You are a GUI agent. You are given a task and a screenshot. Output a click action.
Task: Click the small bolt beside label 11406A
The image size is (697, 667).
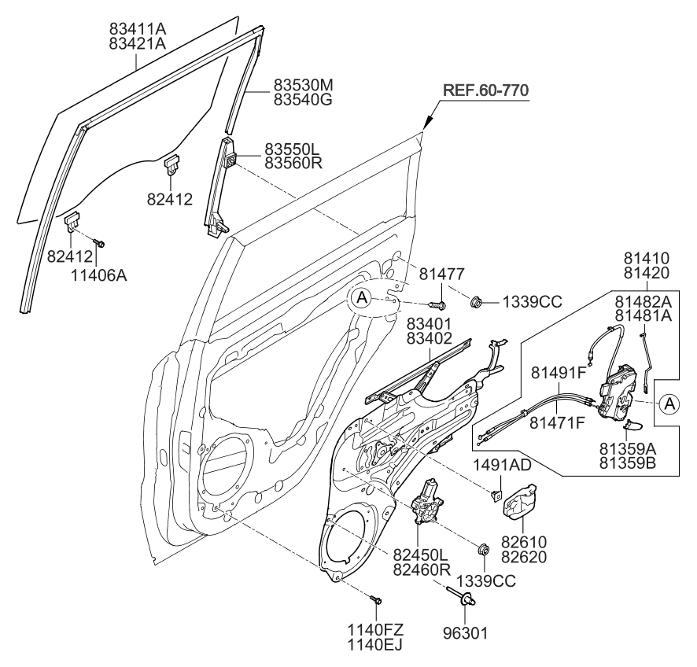[x=98, y=244]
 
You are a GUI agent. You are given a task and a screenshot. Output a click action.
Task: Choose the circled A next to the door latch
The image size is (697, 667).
[x=668, y=403]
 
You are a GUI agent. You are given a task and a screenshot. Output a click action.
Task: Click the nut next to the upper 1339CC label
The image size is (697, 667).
[x=477, y=302]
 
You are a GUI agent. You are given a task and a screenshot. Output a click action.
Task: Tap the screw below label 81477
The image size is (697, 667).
[x=438, y=302]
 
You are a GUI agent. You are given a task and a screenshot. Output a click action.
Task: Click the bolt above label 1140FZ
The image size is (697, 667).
[x=375, y=600]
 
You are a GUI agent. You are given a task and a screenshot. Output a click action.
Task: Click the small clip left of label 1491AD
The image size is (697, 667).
[x=495, y=494]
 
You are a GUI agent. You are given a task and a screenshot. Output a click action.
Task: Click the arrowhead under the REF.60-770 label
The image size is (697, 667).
[x=426, y=123]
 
